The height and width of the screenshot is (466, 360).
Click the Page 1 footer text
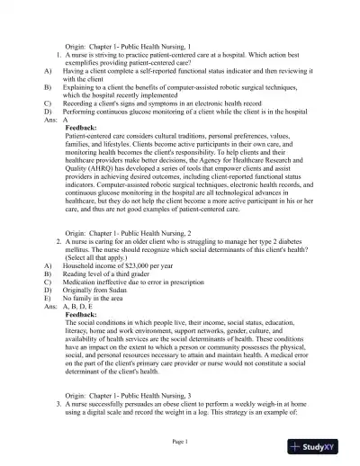(180, 442)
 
